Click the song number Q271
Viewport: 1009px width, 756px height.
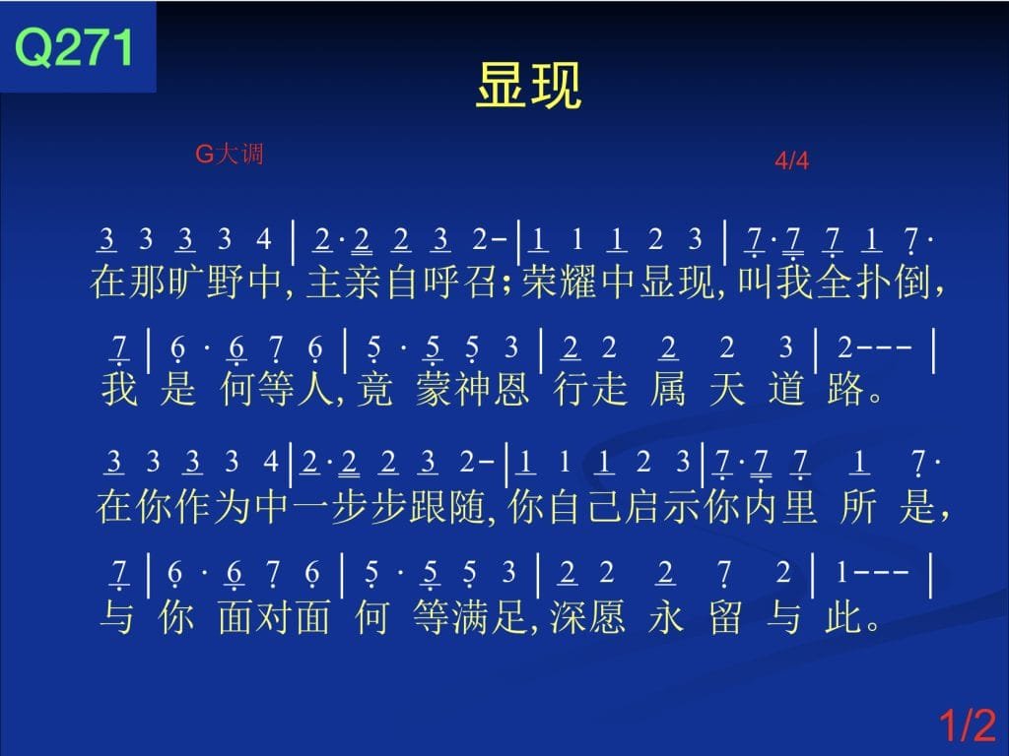coord(74,46)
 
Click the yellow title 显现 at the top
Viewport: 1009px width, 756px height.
coord(529,85)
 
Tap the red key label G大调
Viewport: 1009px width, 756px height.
coord(229,154)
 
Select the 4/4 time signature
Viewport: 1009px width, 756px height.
coord(791,160)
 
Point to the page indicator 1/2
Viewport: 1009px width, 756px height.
coord(968,724)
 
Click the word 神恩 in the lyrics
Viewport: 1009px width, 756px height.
coord(493,389)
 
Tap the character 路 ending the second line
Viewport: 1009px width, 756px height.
coord(844,389)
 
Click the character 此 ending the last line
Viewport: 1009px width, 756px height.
coord(843,617)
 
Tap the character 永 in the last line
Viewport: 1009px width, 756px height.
coord(666,617)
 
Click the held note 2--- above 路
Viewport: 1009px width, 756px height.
coord(875,347)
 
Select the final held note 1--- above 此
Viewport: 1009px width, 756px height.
coord(872,572)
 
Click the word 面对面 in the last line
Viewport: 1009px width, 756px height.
coord(274,617)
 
